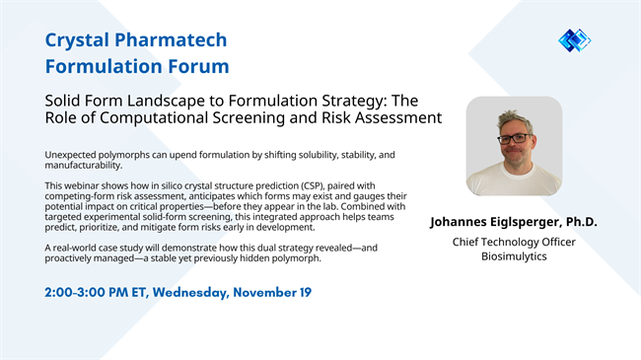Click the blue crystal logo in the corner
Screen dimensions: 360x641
point(574,40)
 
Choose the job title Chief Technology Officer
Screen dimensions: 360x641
point(513,242)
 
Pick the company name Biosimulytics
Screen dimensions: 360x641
point(513,256)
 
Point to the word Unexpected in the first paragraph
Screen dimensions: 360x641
point(73,155)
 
